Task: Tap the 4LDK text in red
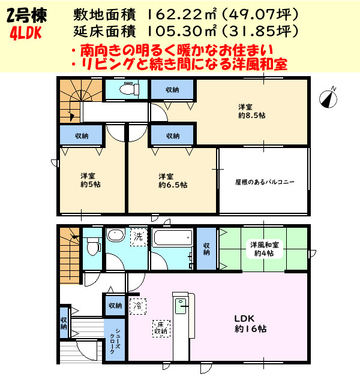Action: coord(25,34)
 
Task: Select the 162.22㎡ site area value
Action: coord(167,13)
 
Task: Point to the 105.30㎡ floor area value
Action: coord(167,30)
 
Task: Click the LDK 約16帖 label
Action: coord(250,324)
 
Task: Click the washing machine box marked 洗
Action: coord(139,237)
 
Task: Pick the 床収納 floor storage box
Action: coord(161,327)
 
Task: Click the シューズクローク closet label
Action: coord(114,341)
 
